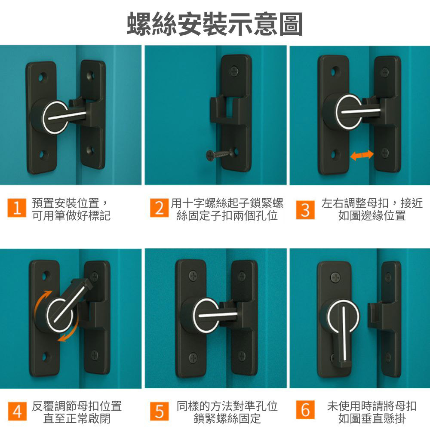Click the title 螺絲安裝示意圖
[x=215, y=24]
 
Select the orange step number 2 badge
[x=159, y=209]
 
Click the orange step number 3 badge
[x=305, y=210]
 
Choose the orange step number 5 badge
[x=159, y=412]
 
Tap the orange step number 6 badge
[x=305, y=412]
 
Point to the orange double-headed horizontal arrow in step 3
[x=362, y=155]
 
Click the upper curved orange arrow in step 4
[x=43, y=301]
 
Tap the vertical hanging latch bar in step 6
[x=345, y=335]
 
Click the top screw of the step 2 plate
[x=235, y=69]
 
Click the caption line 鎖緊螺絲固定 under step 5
[x=227, y=418]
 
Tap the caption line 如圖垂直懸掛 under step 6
[x=372, y=418]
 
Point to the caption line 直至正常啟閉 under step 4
[x=77, y=418]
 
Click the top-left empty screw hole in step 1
[x=42, y=77]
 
